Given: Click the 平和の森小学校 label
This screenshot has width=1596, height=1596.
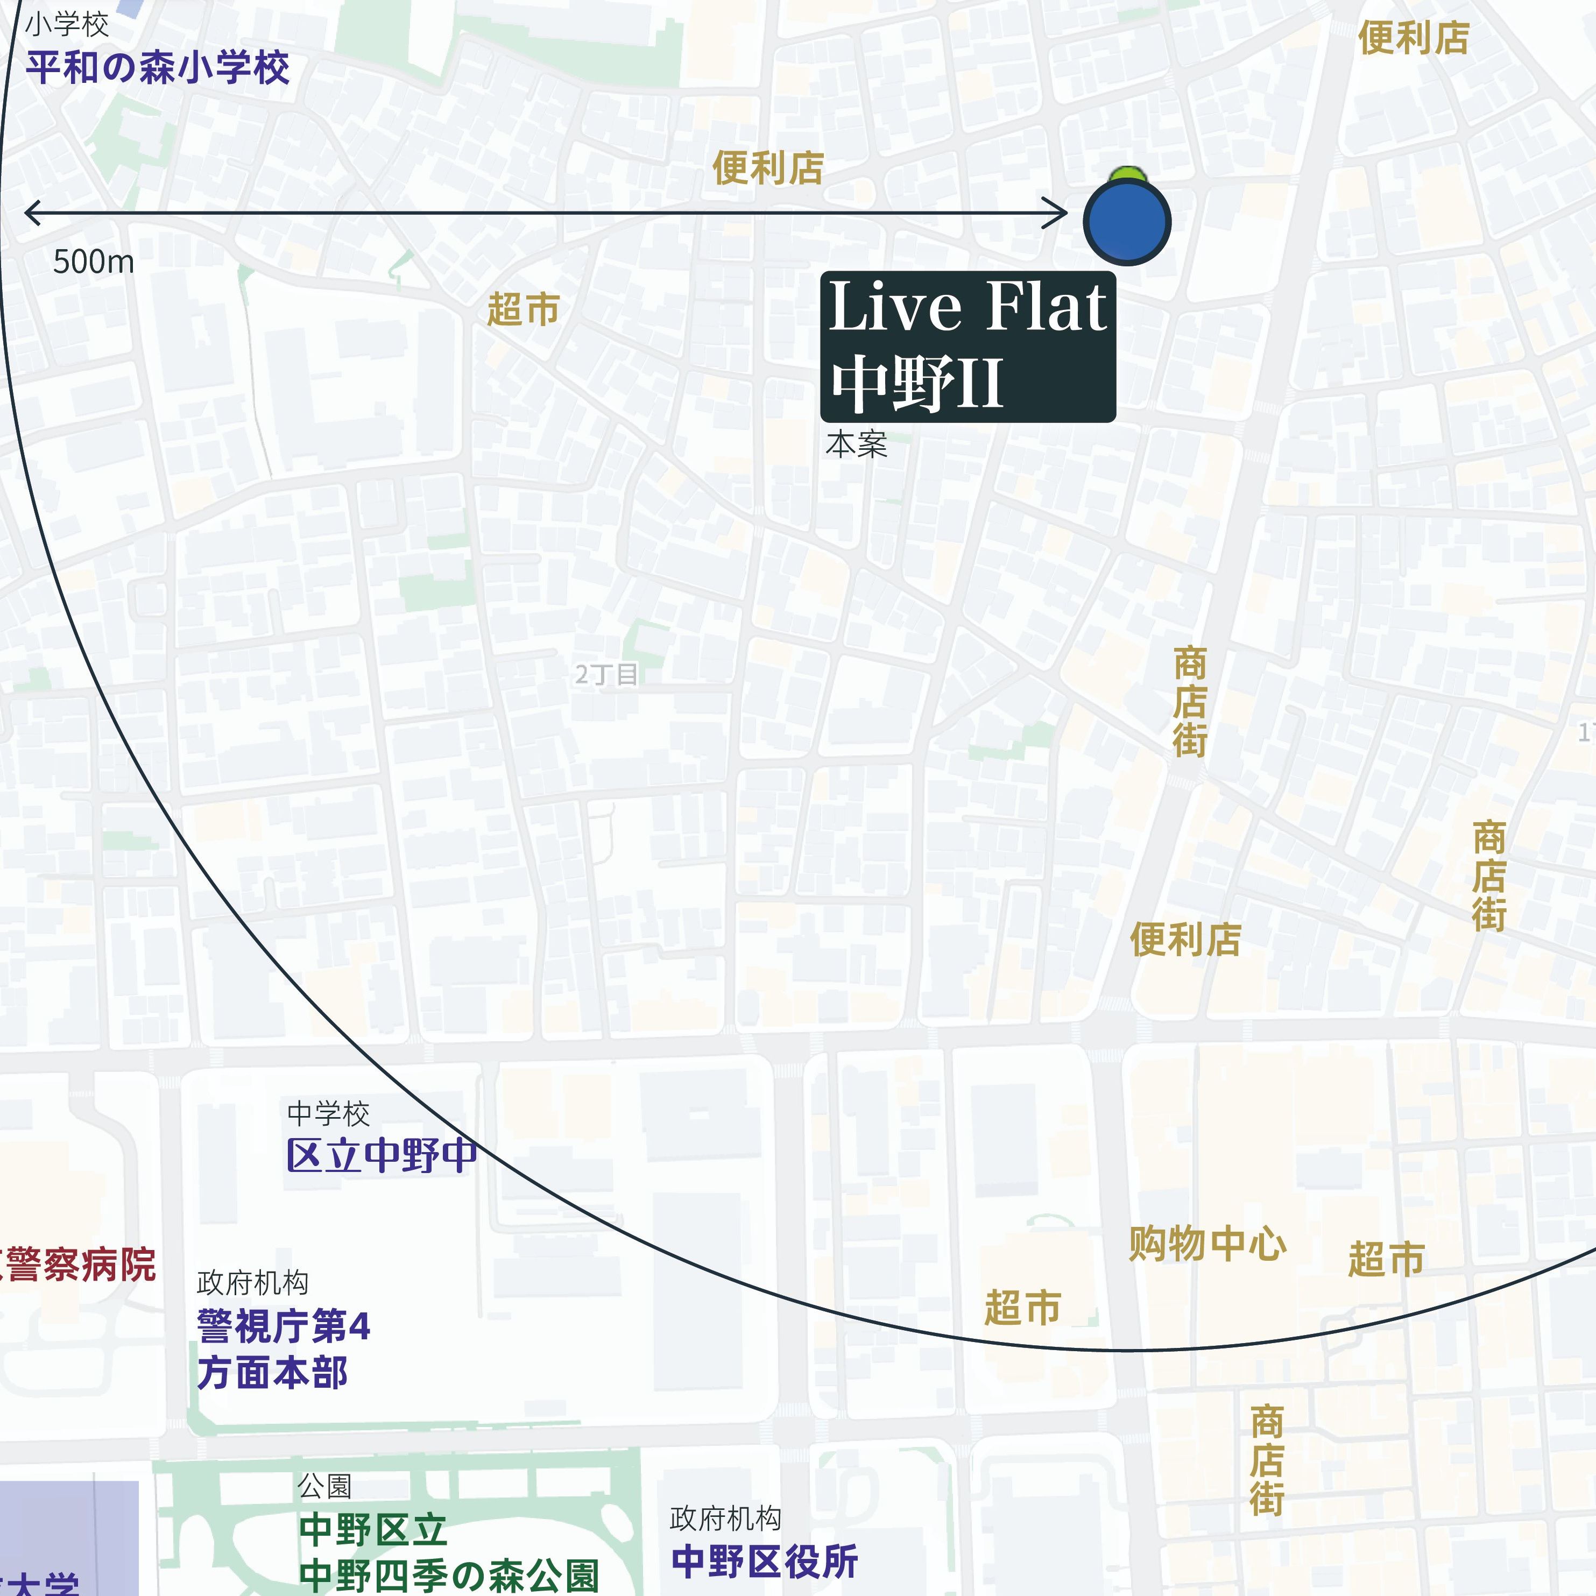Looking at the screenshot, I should point(157,68).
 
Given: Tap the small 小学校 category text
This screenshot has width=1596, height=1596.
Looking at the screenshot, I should point(66,25).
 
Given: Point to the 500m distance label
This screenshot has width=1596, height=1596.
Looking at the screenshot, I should point(93,262).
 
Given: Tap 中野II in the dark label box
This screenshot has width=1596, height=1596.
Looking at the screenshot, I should point(917,383).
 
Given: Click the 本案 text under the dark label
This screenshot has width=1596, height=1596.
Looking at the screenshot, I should point(856,444).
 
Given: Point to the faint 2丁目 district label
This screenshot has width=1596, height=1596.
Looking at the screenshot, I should point(606,675).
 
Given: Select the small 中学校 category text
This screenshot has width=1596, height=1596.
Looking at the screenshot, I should point(328,1113).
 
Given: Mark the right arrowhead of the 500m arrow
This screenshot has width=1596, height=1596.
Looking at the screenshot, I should point(1064,213).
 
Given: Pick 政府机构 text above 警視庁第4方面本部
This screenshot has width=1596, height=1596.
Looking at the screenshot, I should point(253,1283).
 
